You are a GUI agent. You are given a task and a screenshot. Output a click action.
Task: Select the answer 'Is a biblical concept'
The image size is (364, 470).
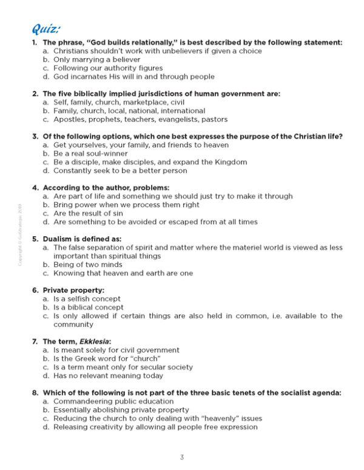pyautogui.click(x=89, y=307)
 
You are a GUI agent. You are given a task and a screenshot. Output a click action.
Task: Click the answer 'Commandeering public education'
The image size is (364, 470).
pyautogui.click(x=113, y=401)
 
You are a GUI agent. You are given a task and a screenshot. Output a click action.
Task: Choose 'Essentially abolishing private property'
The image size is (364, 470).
pyautogui.click(x=121, y=409)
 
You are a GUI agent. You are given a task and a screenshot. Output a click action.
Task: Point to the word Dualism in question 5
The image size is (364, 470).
pyautogui.click(x=59, y=239)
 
